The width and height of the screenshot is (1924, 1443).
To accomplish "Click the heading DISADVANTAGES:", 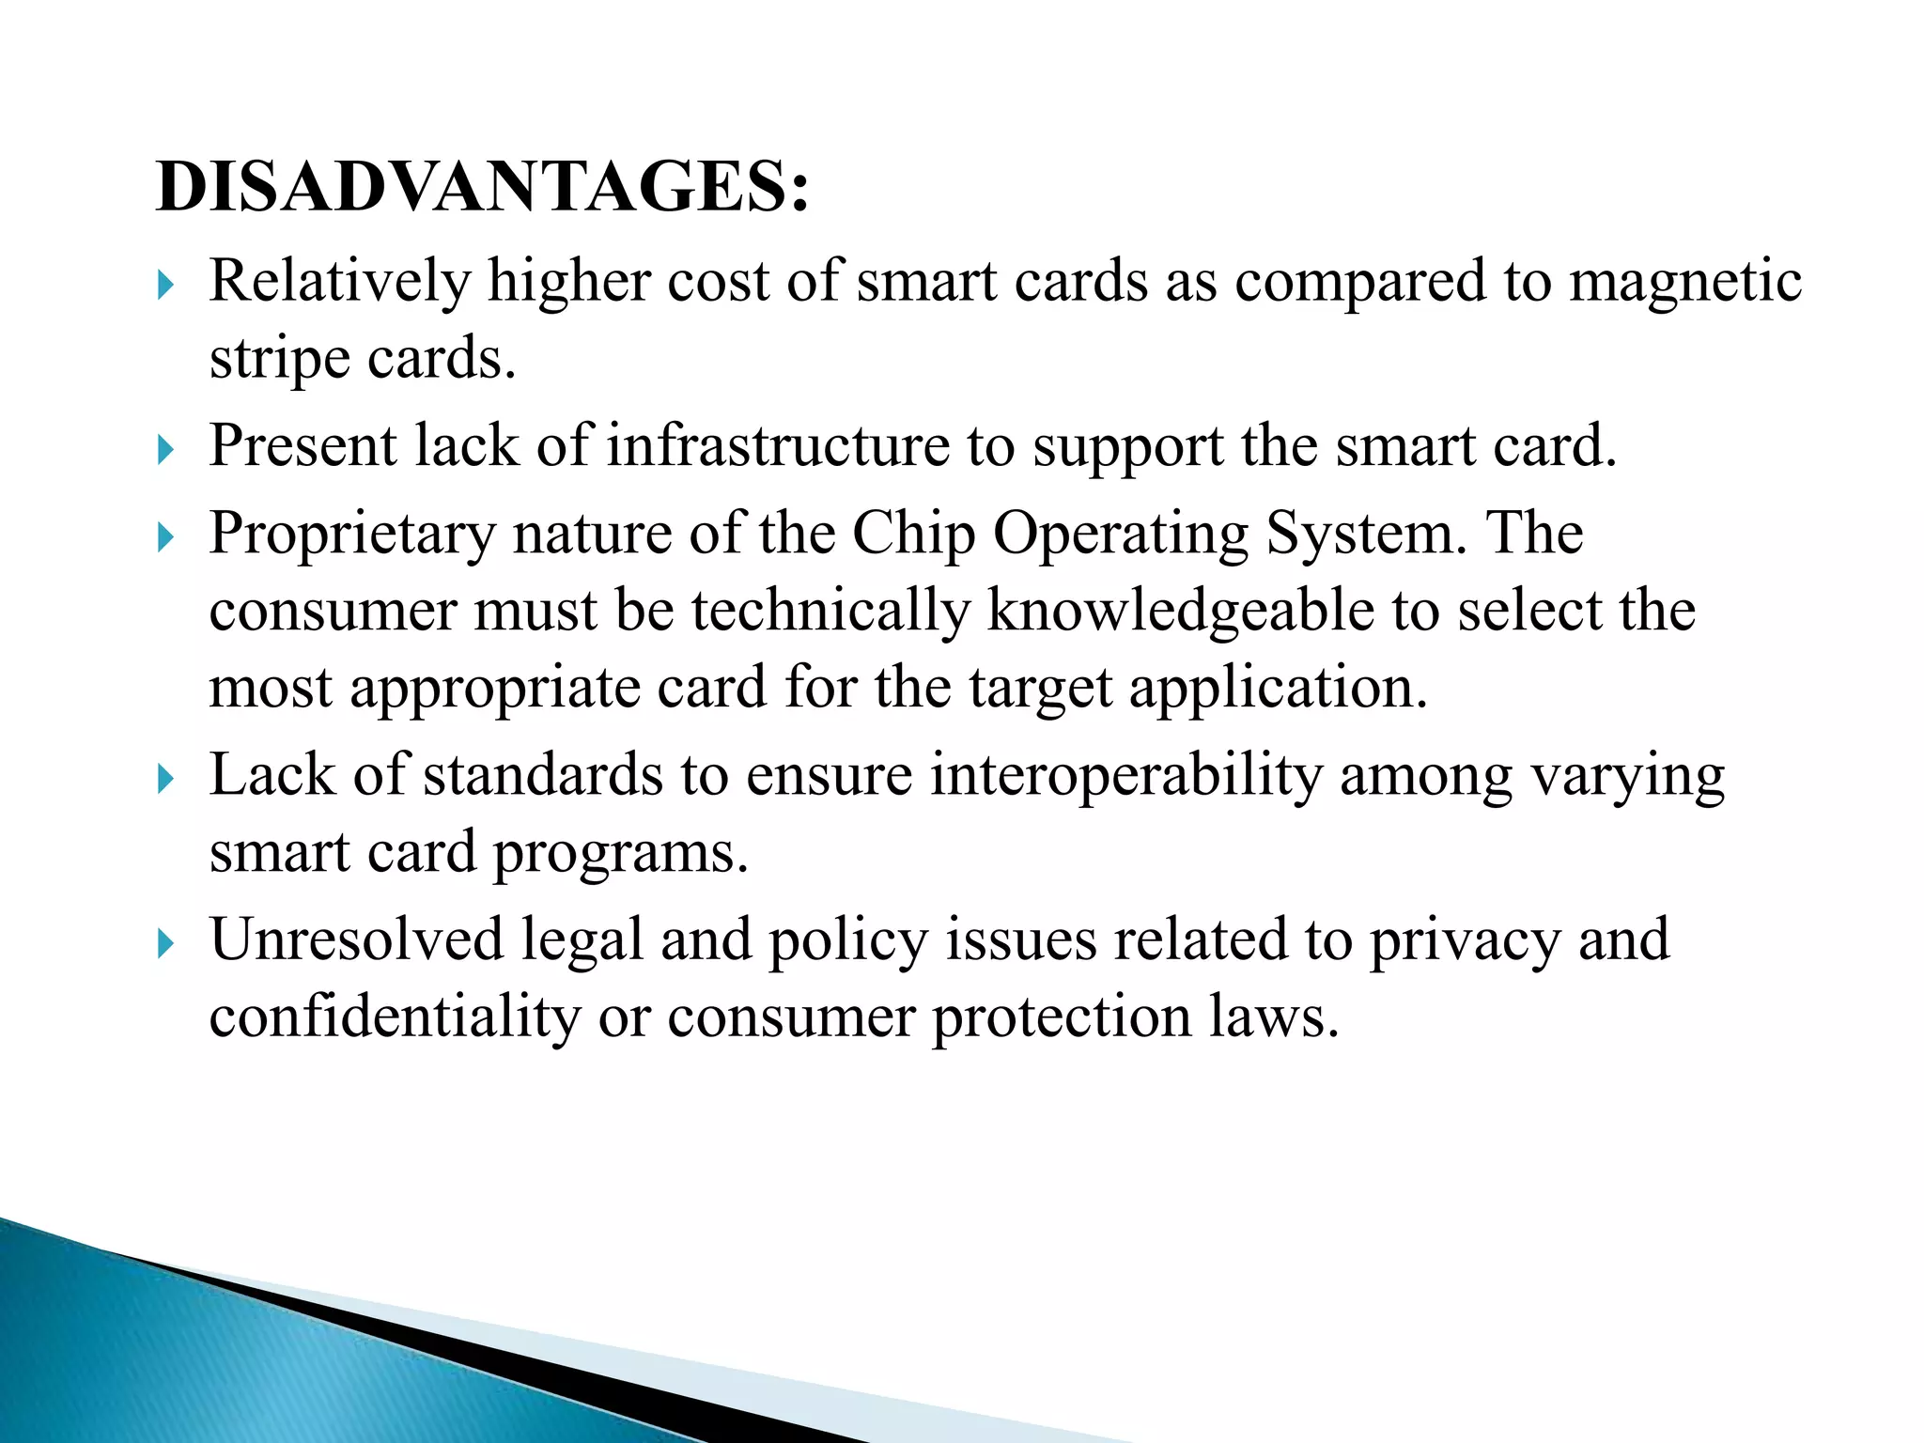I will point(482,188).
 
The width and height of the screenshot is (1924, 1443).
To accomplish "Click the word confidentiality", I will point(395,1017).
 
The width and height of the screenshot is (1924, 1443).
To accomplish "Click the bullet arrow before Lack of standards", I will point(166,779).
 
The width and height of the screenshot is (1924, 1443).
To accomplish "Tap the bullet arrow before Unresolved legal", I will point(166,942).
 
